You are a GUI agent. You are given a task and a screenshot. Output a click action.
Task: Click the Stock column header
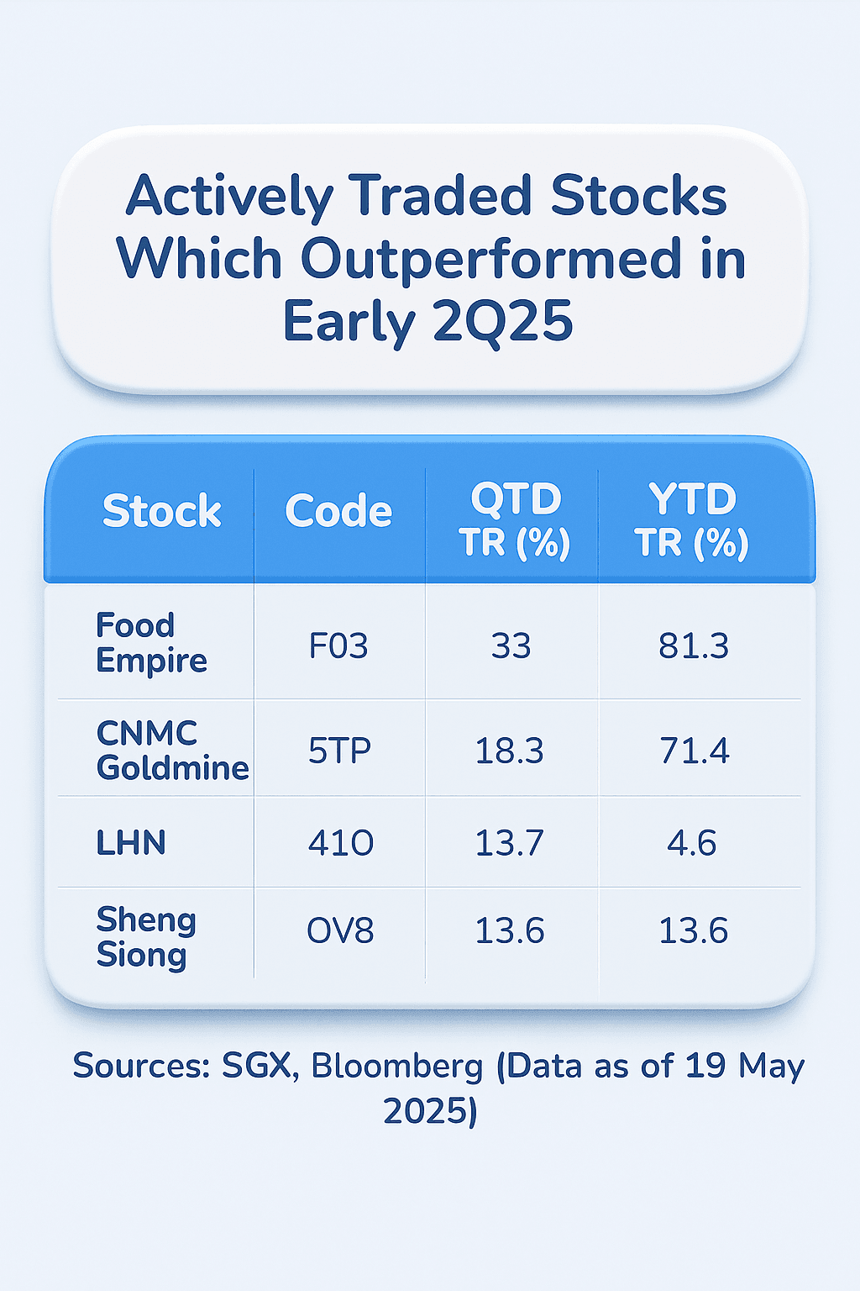(x=161, y=511)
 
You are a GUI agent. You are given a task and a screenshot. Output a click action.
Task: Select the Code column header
(x=338, y=511)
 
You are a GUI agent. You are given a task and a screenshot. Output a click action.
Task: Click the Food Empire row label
(x=151, y=643)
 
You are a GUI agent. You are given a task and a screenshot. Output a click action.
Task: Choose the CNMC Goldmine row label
(x=172, y=750)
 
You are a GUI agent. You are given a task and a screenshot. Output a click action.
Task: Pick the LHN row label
(x=131, y=842)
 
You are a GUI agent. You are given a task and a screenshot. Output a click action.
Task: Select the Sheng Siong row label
(x=146, y=936)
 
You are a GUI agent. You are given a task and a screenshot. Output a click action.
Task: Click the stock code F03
(x=338, y=646)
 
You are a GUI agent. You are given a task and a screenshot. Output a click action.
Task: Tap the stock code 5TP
(x=339, y=751)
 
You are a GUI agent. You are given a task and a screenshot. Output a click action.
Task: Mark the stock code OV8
(x=340, y=931)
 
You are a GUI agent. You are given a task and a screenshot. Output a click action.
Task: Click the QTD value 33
(x=511, y=646)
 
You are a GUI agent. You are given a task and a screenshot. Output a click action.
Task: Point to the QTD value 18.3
(x=509, y=751)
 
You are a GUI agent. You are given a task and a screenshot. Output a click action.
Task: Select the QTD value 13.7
(x=509, y=843)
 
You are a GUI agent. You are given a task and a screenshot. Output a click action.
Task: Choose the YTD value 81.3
(x=694, y=646)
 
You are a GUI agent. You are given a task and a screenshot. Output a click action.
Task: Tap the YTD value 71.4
(x=695, y=751)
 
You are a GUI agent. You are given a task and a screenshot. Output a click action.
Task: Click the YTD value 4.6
(x=692, y=843)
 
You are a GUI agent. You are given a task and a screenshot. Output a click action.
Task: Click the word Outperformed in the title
(x=490, y=259)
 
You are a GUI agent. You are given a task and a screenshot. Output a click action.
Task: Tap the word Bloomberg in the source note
(x=397, y=1066)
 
